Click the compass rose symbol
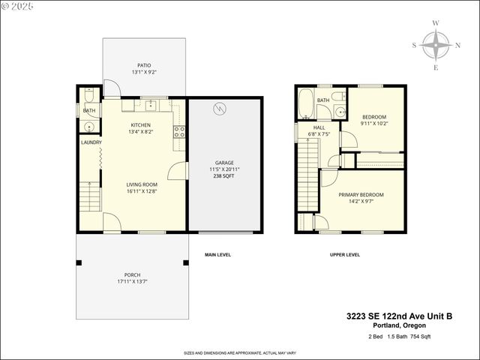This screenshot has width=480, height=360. tap(436, 45)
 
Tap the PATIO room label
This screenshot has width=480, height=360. tap(144, 65)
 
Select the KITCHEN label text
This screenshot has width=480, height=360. tap(141, 125)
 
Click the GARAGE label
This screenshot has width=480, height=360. tap(224, 162)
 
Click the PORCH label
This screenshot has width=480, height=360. tap(132, 275)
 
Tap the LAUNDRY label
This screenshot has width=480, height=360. tap(91, 142)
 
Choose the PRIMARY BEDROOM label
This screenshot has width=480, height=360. tap(361, 195)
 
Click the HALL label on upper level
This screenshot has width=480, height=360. tap(319, 128)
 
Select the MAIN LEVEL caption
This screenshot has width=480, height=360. tap(217, 255)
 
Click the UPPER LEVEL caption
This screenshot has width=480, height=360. tap(345, 255)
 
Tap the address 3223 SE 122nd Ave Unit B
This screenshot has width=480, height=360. tap(409, 316)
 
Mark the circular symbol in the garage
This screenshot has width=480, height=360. tap(220, 108)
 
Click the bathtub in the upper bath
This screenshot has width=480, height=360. tap(306, 105)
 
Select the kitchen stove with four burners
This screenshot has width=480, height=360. tap(179, 132)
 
